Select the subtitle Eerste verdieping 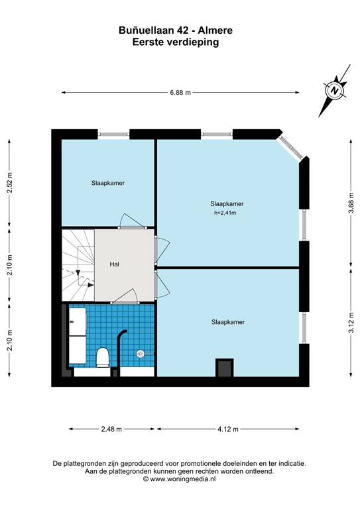175,41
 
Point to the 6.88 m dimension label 180,93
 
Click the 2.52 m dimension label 9,182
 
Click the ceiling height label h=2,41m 225,213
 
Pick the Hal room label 115,264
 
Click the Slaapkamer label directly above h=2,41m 226,203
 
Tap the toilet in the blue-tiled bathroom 103,358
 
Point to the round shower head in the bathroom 140,354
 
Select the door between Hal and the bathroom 124,299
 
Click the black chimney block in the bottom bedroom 225,367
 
